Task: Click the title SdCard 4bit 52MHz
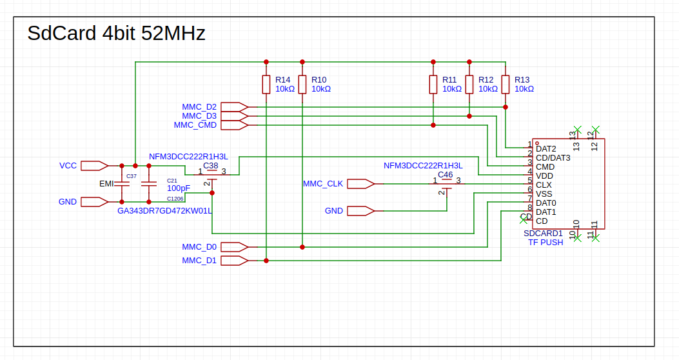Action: [116, 33]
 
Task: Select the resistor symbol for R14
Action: [266, 85]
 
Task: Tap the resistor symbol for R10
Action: [302, 85]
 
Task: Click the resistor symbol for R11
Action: [433, 85]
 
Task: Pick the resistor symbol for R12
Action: [469, 85]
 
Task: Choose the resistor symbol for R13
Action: [506, 85]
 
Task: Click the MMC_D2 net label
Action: [199, 106]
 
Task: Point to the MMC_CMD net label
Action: [195, 125]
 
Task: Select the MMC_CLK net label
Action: [323, 184]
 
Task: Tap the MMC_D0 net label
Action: [199, 246]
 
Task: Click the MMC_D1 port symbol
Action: [235, 261]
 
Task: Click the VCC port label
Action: [68, 166]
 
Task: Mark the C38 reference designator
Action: [211, 165]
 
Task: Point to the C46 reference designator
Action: [445, 174]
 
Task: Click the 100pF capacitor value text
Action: [179, 188]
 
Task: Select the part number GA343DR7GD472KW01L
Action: [165, 210]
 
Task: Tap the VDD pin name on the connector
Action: [544, 175]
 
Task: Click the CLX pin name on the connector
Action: [544, 185]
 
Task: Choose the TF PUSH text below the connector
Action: [546, 242]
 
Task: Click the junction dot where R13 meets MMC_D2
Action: [506, 107]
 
